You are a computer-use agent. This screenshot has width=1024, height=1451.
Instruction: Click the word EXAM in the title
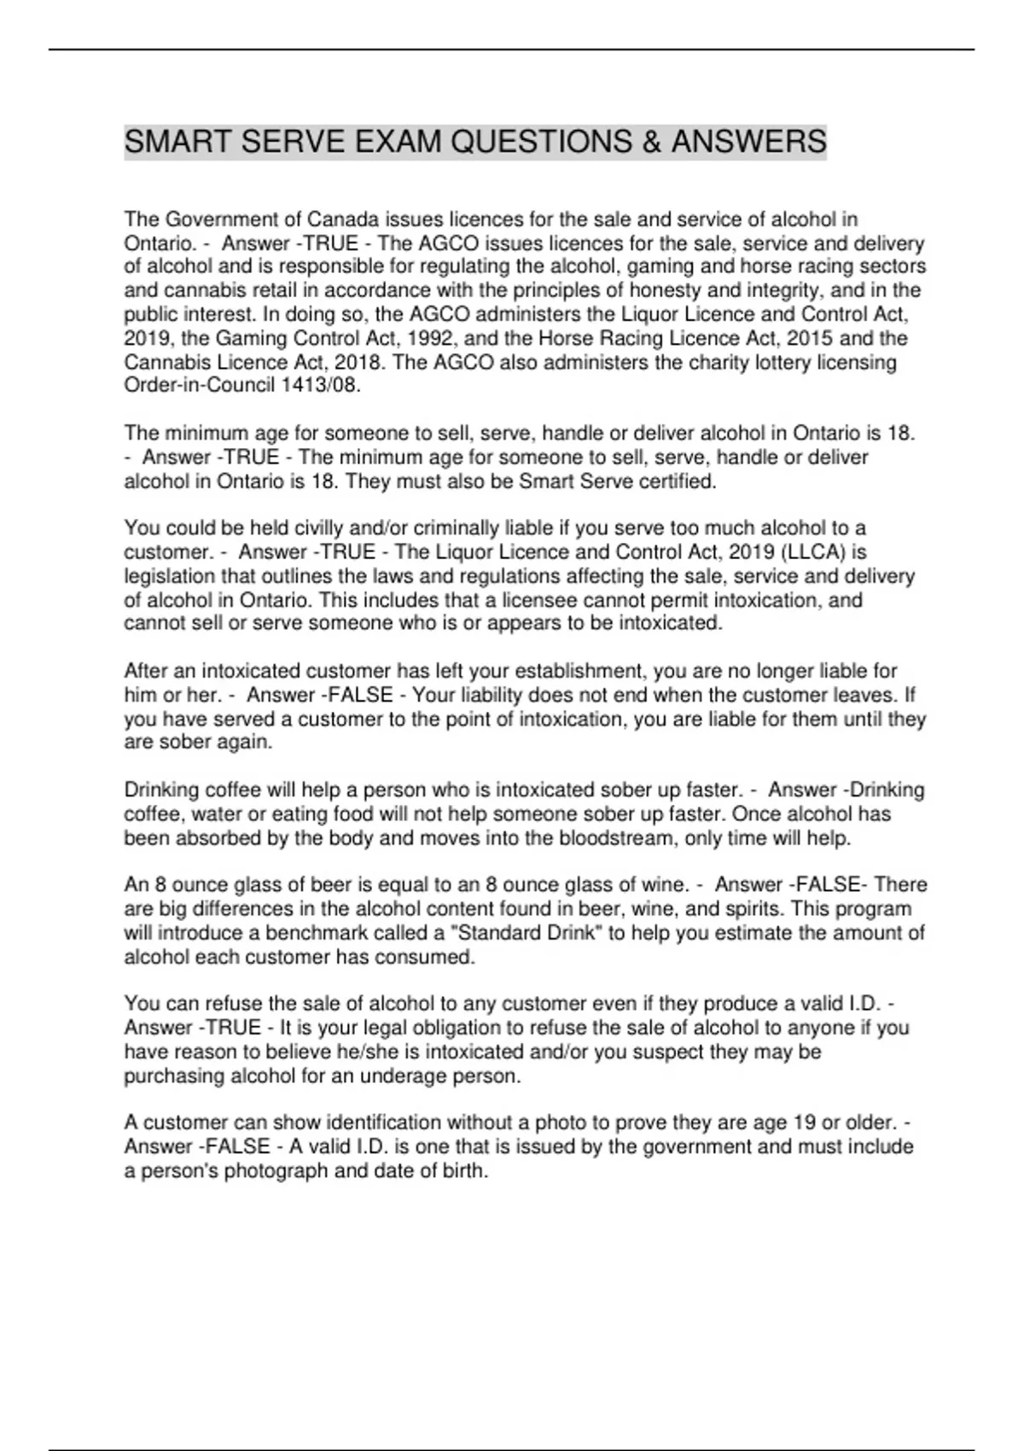(399, 142)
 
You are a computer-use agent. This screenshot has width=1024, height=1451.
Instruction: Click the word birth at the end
(465, 1171)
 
